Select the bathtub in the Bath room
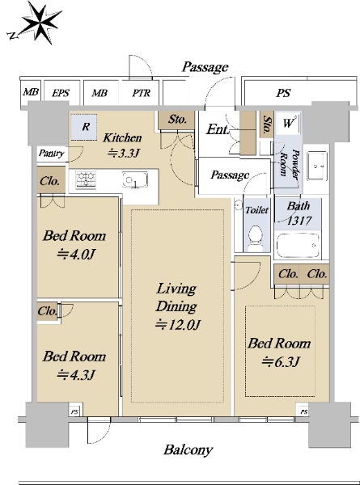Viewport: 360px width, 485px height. coord(298,246)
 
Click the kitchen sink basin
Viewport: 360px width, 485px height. coord(134,179)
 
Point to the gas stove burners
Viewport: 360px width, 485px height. coord(86,179)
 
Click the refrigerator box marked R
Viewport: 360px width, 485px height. coord(84,127)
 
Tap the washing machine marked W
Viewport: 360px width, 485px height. coord(288,123)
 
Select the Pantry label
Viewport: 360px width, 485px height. coord(52,154)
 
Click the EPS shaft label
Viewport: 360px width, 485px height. coord(61,93)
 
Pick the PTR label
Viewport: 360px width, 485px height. coord(142,93)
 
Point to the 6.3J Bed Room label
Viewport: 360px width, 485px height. coord(280,352)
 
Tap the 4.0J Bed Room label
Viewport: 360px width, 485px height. coord(74,245)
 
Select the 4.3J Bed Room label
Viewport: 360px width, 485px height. coord(74,365)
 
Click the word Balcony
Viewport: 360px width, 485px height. coord(188,450)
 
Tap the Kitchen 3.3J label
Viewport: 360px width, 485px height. coord(122,145)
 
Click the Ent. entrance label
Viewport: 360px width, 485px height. coord(218,129)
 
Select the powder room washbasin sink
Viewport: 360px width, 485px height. coord(317,166)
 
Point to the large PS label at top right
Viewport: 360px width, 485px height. coord(283,93)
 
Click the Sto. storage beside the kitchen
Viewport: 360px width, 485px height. coord(177,120)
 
